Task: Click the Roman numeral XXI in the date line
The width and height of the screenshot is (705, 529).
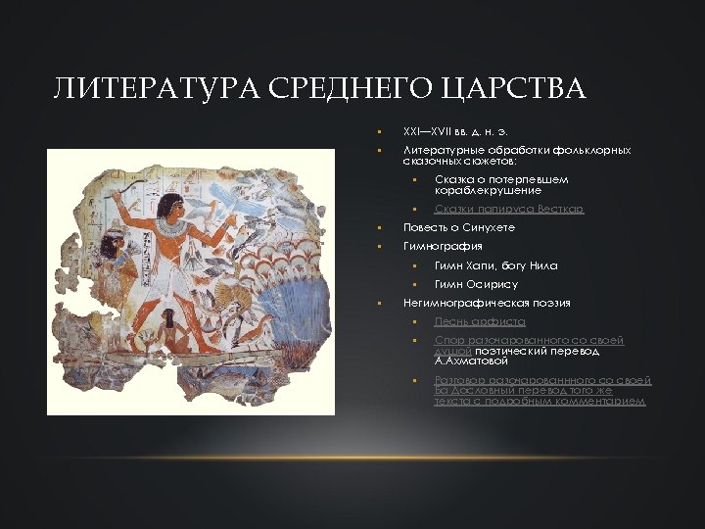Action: [413, 131]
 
